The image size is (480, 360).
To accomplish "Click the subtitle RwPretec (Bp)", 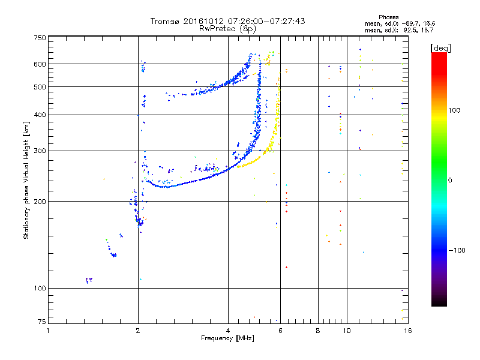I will pyautogui.click(x=227, y=28).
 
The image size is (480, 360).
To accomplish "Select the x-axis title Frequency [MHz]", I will pyautogui.click(x=227, y=339).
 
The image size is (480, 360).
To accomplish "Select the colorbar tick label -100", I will pyautogui.click(x=460, y=250).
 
